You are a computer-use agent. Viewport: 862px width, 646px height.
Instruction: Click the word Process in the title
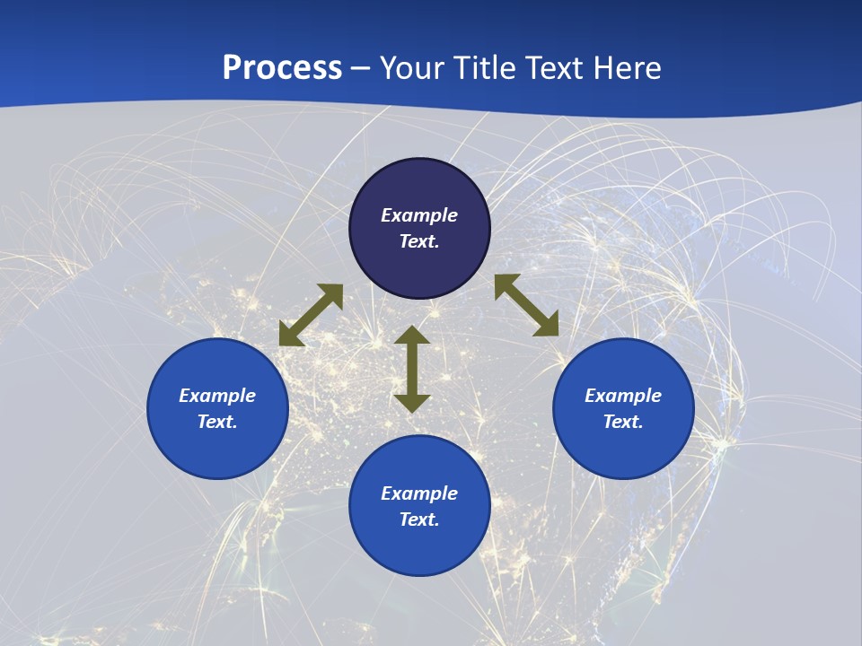tap(282, 68)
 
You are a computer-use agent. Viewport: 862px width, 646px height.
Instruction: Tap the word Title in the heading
tap(487, 68)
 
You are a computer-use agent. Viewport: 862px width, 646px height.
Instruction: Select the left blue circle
tap(217, 449)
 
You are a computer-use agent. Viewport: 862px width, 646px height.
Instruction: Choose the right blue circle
tap(623, 449)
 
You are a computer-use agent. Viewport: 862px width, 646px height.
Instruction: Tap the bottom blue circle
tap(419, 547)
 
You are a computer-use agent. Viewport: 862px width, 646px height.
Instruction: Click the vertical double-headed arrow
tap(412, 369)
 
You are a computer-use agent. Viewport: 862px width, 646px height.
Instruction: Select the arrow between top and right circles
tap(527, 305)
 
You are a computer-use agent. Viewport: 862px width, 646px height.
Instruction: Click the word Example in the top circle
tap(419, 215)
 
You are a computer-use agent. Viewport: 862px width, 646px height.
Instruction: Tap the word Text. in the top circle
tap(419, 241)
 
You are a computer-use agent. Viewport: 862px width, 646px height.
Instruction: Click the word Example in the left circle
tap(217, 396)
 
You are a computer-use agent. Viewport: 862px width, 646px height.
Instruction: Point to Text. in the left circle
tap(217, 422)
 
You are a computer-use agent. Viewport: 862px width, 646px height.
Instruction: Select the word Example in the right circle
tap(623, 396)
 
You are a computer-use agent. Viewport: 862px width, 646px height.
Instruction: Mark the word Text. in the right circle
tap(623, 422)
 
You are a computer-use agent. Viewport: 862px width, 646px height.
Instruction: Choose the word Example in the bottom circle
tap(419, 493)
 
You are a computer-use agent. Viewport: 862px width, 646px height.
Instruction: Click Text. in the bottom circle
tap(419, 519)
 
